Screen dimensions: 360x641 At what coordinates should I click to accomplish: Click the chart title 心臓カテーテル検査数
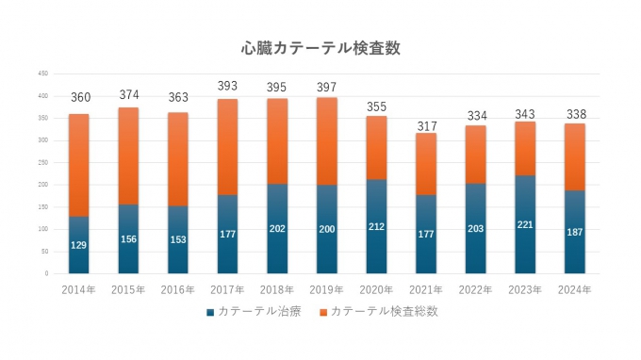pos(320,48)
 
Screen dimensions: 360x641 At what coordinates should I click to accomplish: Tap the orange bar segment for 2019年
pos(327,140)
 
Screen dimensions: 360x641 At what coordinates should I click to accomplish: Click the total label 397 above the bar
pos(327,87)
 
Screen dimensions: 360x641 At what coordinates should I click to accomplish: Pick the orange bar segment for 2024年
pos(574,156)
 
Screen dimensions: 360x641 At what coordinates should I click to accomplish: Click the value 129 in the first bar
pos(79,245)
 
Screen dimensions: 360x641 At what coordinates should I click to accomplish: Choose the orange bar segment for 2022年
pos(475,155)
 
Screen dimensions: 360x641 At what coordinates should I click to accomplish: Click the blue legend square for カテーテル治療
pos(209,311)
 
